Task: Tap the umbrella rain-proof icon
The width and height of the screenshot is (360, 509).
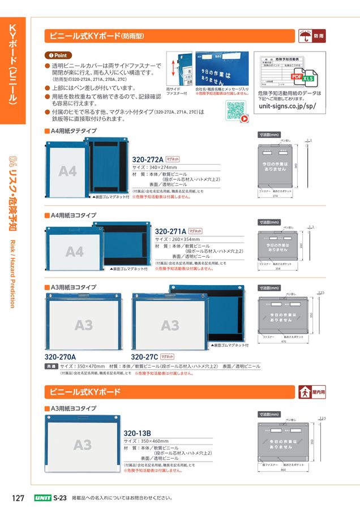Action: [305, 36]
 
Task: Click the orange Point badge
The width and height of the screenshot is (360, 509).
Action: [58, 55]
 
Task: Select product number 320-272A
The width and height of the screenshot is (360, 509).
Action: [147, 160]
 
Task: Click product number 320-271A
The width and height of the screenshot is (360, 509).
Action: [170, 231]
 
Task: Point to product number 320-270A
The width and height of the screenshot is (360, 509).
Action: [60, 357]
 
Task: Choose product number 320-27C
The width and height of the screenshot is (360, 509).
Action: [144, 357]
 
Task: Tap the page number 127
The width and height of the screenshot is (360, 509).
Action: [18, 498]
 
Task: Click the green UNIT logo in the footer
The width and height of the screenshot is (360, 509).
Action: [42, 498]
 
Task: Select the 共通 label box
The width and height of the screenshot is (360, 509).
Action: [50, 366]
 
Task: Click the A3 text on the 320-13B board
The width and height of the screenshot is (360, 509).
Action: [82, 445]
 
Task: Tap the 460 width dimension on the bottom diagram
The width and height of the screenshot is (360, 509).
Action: [284, 469]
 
